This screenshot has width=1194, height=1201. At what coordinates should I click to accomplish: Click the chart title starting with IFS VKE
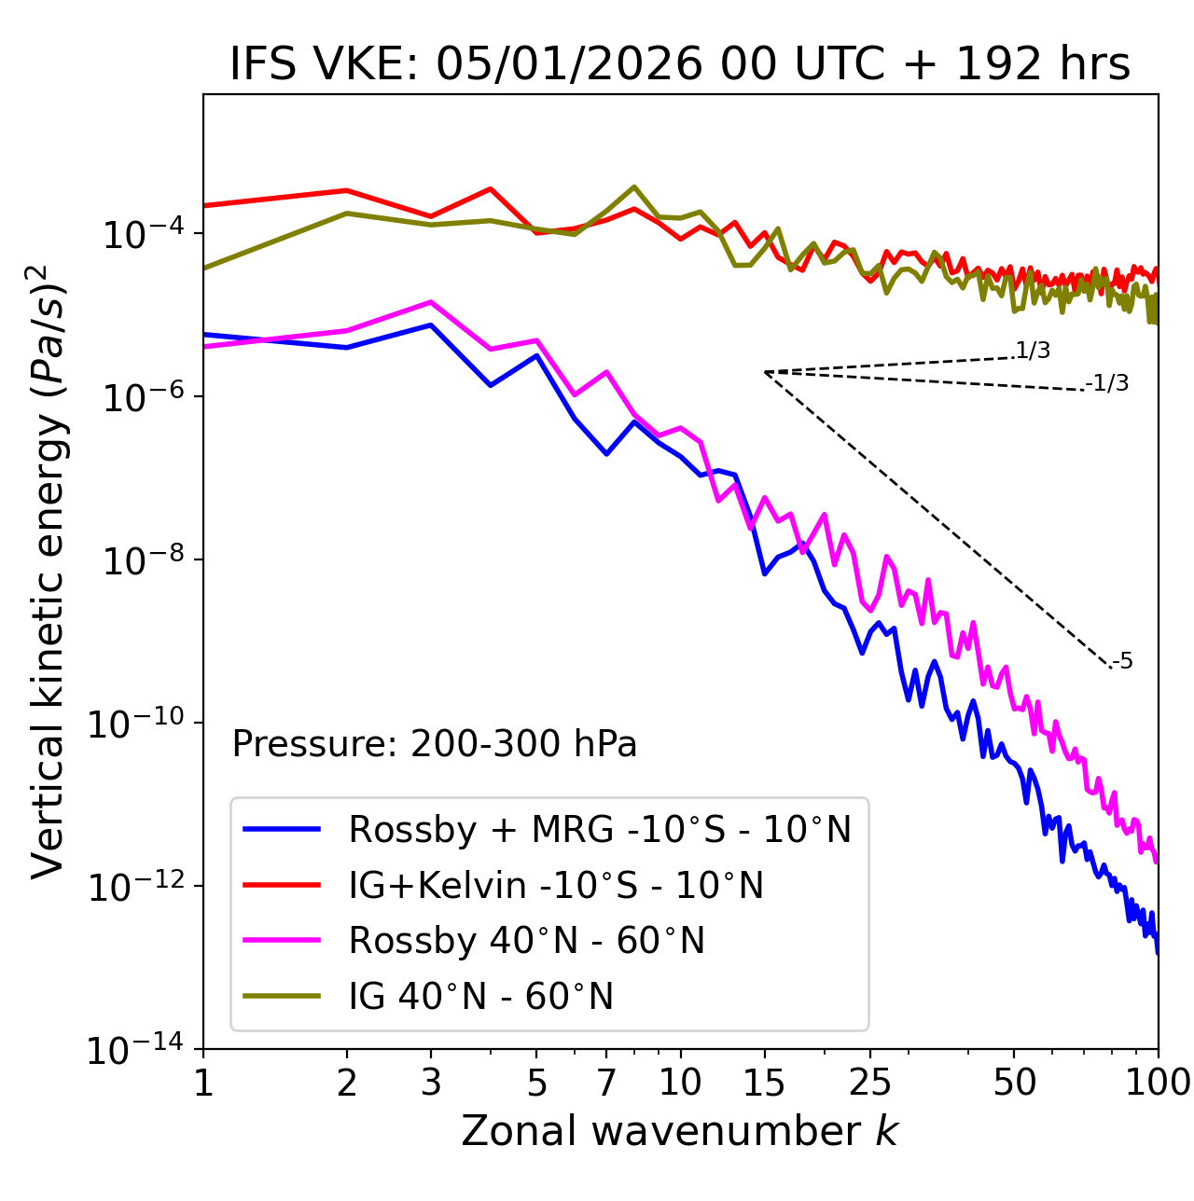[x=680, y=65]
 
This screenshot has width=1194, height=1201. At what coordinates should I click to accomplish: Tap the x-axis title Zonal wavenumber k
[x=680, y=1131]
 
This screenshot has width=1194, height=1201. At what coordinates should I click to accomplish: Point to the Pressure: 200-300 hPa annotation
[x=435, y=744]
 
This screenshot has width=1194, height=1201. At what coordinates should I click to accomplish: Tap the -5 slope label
[x=1123, y=662]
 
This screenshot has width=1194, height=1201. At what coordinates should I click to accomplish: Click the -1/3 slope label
[x=1108, y=383]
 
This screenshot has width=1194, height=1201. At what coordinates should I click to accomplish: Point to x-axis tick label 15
[x=764, y=1083]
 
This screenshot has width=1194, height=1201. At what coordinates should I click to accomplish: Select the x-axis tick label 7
[x=606, y=1083]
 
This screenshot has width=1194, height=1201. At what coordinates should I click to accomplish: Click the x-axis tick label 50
[x=1014, y=1083]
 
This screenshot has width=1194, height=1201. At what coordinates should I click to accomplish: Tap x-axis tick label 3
[x=431, y=1083]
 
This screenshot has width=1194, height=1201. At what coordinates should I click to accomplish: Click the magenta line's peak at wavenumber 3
[x=431, y=302]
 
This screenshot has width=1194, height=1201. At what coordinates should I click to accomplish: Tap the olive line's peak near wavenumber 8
[x=634, y=186]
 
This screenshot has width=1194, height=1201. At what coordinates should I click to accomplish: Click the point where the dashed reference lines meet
[x=765, y=372]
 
